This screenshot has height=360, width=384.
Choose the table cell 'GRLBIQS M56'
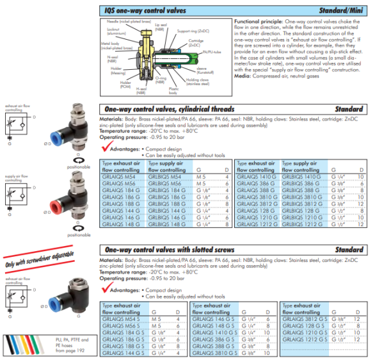pyautogui.click(x=162, y=183)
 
